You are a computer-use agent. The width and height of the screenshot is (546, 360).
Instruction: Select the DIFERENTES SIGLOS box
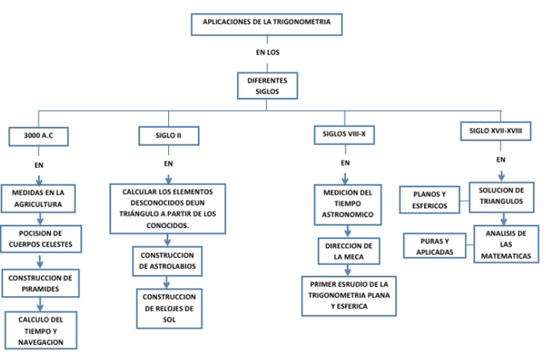tap(267, 85)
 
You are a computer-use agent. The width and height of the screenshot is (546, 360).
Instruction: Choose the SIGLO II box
tap(168, 136)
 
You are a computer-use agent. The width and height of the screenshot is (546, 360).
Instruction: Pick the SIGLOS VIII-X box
tap(345, 135)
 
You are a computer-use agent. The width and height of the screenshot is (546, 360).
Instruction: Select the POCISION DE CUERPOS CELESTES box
tap(40, 239)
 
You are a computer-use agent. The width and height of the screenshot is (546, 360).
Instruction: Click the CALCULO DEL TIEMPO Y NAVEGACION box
tap(40, 330)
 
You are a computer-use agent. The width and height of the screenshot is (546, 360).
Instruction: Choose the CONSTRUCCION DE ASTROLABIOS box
tap(168, 260)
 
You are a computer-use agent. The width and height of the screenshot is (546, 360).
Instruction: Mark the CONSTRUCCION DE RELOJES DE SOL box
tap(169, 308)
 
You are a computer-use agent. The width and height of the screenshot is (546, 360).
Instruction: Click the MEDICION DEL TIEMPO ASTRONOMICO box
tap(346, 204)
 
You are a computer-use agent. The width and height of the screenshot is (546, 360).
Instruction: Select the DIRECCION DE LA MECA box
tap(346, 250)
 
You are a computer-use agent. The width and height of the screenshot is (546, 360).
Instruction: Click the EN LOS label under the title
tap(267, 53)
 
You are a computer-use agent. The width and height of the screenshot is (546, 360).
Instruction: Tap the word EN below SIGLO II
tap(168, 162)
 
